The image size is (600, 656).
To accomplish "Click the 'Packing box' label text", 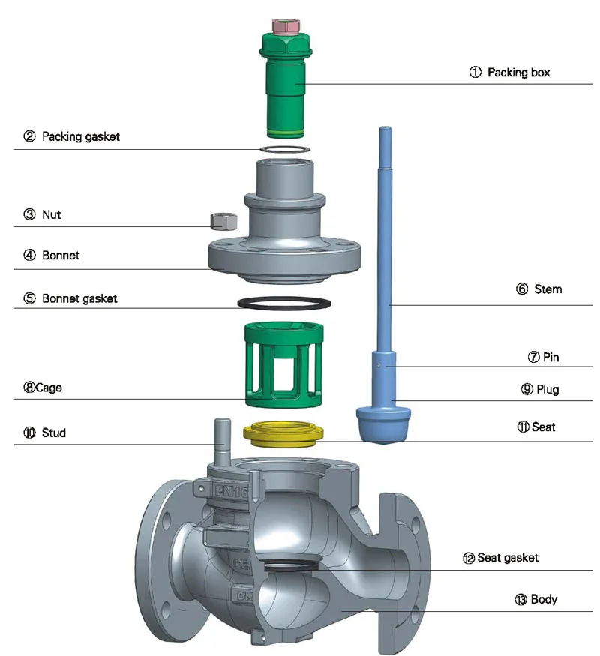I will pos(518,73).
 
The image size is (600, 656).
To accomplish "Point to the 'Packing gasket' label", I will pos(80,136).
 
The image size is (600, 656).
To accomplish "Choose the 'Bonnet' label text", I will pos(61,255).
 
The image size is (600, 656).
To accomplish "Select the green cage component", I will pos(281,360).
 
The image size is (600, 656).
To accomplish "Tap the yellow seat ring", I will pos(285,433).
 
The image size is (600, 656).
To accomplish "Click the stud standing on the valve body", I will pos(223,442).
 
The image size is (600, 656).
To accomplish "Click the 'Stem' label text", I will pos(548,289).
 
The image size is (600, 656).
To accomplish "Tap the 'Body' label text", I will pos(544,599).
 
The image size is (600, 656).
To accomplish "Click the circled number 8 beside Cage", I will pos(29,388).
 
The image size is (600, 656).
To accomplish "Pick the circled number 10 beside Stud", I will pos(29,433).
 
